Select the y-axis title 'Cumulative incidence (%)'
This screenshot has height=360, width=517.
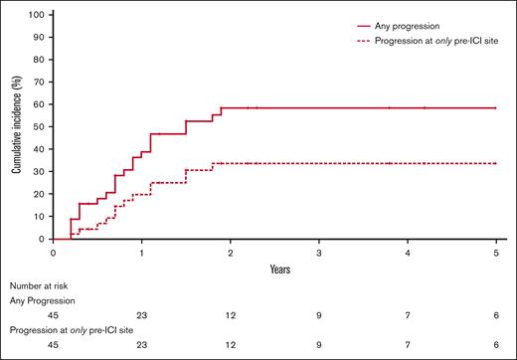[17, 127]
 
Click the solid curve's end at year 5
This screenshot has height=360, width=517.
[496, 107]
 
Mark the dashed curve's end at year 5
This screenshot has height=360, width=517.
[496, 163]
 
